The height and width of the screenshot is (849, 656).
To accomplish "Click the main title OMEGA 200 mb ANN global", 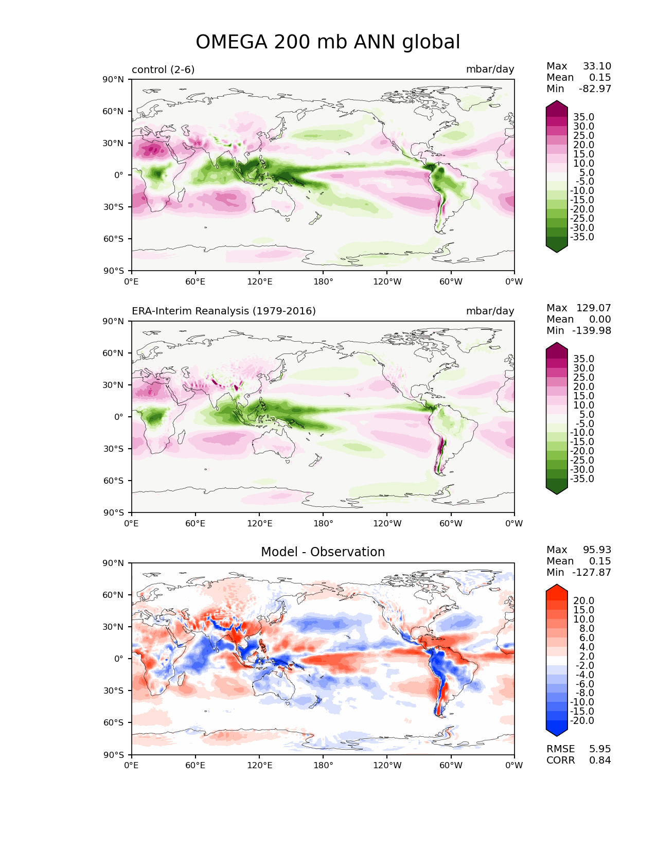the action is tap(328, 42).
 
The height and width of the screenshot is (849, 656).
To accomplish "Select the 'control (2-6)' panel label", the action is tap(163, 69).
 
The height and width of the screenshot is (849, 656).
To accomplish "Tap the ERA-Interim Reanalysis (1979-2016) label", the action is tap(223, 311).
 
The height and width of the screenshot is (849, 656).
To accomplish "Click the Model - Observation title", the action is tap(323, 552).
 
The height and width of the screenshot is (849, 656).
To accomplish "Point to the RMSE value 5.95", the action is tap(600, 749).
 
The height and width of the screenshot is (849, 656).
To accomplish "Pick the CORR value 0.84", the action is tap(600, 760).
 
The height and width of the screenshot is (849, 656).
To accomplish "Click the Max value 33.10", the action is tap(597, 66).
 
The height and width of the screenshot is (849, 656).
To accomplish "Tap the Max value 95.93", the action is tap(597, 550).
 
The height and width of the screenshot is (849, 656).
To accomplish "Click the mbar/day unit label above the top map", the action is tap(490, 69).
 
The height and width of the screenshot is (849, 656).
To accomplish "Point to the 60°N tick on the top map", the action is tap(113, 111).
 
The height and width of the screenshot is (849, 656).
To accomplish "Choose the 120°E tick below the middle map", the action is tap(259, 523).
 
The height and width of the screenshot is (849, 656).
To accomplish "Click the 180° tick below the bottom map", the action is tap(323, 766).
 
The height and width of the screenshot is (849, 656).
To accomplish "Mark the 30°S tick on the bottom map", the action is tap(113, 691).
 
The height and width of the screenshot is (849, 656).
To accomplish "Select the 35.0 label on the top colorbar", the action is tap(584, 117).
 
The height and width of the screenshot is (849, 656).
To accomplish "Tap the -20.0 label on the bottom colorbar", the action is tap(582, 720).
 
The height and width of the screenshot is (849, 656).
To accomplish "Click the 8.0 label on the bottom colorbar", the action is tap(587, 628).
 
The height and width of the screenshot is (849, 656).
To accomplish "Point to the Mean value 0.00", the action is tap(600, 319).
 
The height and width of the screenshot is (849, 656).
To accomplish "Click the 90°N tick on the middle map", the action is tap(113, 322).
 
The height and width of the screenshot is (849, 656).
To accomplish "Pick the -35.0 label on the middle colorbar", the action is tap(582, 479).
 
